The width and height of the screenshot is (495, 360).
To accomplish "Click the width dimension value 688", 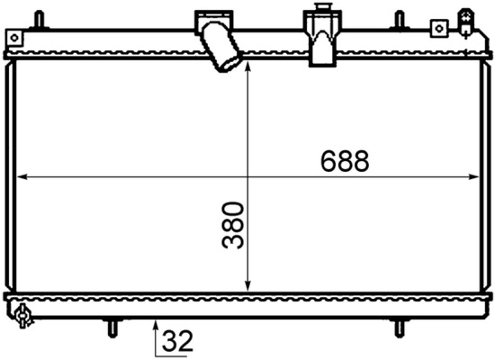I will (345, 162).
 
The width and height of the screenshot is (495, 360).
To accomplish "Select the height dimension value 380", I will (234, 226).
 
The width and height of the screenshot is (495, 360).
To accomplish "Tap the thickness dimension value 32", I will (178, 342).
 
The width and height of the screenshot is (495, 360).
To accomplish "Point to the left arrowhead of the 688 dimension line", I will (22, 177).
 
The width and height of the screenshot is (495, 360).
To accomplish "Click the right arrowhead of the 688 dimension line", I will (474, 177).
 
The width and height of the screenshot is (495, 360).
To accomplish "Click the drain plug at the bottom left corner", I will (22, 316).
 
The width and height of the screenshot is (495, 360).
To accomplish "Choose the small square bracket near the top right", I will (438, 28).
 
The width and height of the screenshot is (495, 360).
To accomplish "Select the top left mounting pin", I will (38, 18).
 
